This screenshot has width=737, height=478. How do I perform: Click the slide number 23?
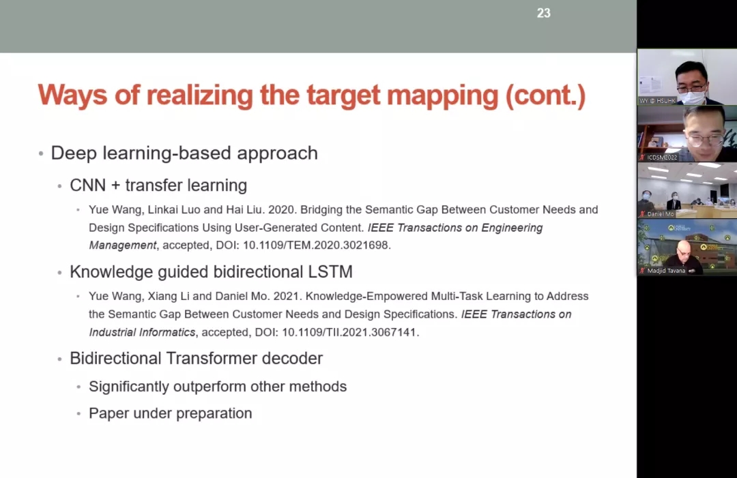pyautogui.click(x=543, y=13)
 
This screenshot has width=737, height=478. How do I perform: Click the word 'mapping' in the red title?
pyautogui.click(x=442, y=95)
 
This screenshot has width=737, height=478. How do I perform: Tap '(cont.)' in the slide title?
pyautogui.click(x=546, y=95)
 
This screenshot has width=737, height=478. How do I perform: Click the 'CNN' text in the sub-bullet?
pyautogui.click(x=88, y=185)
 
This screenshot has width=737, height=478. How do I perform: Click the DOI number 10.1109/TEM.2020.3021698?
pyautogui.click(x=317, y=245)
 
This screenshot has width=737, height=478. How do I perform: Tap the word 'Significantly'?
pyautogui.click(x=129, y=387)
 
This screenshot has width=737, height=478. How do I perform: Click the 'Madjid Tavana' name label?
pyautogui.click(x=666, y=271)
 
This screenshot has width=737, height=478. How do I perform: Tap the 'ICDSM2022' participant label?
pyautogui.click(x=662, y=158)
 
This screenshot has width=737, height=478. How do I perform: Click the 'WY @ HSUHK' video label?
pyautogui.click(x=657, y=100)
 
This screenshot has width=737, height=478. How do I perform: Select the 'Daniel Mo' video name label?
pyautogui.click(x=661, y=214)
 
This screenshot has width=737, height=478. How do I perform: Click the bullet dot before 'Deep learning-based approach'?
pyautogui.click(x=41, y=153)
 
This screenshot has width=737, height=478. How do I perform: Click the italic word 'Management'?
pyautogui.click(x=123, y=245)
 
